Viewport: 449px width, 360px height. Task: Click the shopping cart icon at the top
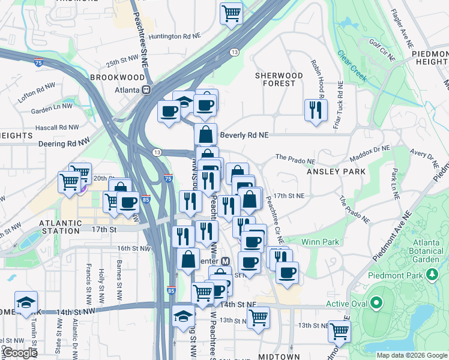(231, 13)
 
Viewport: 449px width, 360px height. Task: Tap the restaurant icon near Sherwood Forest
(315, 110)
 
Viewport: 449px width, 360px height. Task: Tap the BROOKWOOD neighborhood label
(118, 77)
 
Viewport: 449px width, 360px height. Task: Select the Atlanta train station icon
(146, 89)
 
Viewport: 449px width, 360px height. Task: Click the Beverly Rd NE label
(244, 135)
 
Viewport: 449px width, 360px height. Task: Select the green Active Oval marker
(376, 304)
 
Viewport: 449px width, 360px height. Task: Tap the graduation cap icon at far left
(26, 302)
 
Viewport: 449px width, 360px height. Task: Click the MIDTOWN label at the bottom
(279, 356)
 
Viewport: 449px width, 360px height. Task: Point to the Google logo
(19, 353)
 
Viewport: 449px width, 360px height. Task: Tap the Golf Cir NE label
(382, 50)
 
